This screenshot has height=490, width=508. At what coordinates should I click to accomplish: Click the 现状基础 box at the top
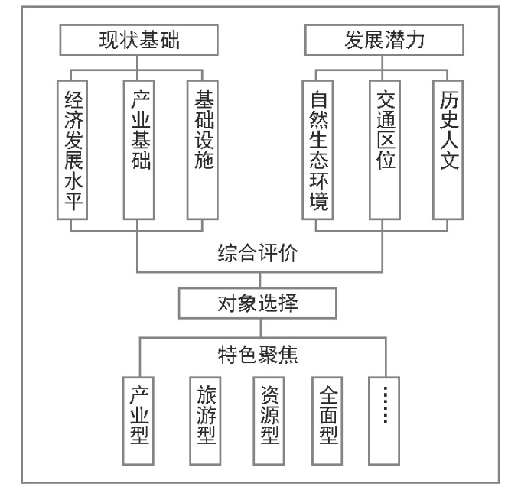138,40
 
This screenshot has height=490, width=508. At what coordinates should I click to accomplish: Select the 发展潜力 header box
384,40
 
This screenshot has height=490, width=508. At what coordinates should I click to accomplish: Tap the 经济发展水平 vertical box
72,150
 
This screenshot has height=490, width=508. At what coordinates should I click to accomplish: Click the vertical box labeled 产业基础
138,150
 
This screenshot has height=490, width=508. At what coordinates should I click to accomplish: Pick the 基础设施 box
203,150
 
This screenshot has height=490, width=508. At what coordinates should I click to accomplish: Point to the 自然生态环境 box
317,150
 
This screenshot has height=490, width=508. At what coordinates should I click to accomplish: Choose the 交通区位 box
385,150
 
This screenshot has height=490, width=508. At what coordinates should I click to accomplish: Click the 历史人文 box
448,150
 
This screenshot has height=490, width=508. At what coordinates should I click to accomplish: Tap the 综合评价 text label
258,253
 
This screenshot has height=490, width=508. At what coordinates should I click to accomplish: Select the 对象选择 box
258,303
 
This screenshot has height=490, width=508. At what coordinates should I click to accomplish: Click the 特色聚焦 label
258,355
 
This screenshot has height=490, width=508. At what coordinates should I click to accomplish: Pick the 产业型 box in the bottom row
138,420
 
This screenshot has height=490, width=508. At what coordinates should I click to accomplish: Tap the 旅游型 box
205,420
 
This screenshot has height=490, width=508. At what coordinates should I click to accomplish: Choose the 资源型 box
269,420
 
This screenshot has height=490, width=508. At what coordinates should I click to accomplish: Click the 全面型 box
327,420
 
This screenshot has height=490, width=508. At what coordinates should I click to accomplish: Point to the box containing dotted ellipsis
384,420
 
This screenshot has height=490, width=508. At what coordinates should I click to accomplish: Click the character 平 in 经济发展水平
74,201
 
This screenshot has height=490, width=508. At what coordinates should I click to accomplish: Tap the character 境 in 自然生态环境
319,201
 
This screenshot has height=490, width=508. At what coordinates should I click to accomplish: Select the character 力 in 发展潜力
415,40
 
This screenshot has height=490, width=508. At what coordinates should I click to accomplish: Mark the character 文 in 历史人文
449,161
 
